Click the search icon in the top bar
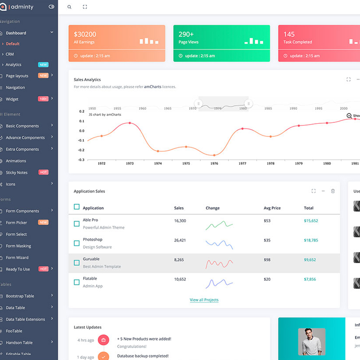click(x=69, y=7)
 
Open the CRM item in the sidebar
click(x=10, y=54)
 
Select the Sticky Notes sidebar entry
click(x=17, y=172)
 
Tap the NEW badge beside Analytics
click(x=43, y=65)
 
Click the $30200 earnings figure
click(x=85, y=34)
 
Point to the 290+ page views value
click(x=186, y=34)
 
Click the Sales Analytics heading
click(x=87, y=80)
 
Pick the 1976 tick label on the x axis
click(x=214, y=163)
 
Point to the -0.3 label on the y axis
click(x=81, y=160)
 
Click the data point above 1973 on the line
click(x=130, y=123)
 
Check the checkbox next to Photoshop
click(x=76, y=243)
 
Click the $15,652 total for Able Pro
click(x=310, y=220)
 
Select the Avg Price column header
click(x=272, y=208)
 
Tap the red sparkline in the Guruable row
click(x=219, y=263)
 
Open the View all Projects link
click(x=204, y=300)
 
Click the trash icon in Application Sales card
click(x=333, y=191)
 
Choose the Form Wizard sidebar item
click(x=17, y=257)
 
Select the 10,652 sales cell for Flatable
click(x=180, y=279)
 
